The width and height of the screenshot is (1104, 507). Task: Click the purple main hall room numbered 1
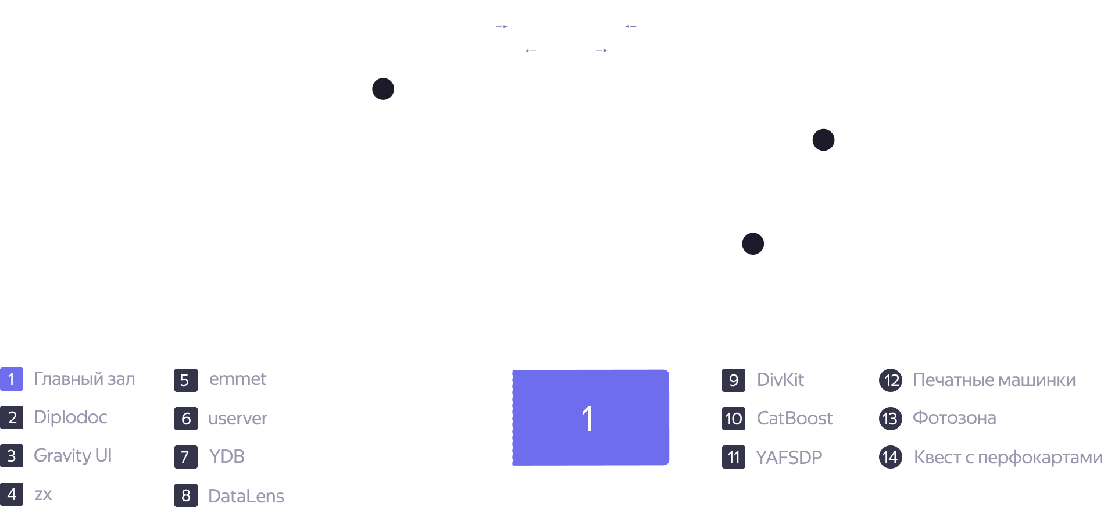(590, 417)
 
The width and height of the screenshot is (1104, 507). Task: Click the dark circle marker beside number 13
(383, 89)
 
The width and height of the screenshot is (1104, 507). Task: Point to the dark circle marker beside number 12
(823, 140)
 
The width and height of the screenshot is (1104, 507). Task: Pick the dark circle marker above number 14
(753, 244)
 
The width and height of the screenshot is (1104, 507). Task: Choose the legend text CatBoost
(795, 418)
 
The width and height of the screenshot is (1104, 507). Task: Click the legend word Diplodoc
(70, 417)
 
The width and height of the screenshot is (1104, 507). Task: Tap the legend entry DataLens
(246, 496)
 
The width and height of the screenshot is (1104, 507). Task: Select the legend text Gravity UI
(73, 456)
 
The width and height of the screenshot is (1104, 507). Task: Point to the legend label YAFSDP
(789, 458)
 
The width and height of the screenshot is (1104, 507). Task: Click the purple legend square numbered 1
(11, 379)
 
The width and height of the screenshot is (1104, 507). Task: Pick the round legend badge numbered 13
(890, 419)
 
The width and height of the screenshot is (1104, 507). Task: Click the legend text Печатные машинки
(994, 380)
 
